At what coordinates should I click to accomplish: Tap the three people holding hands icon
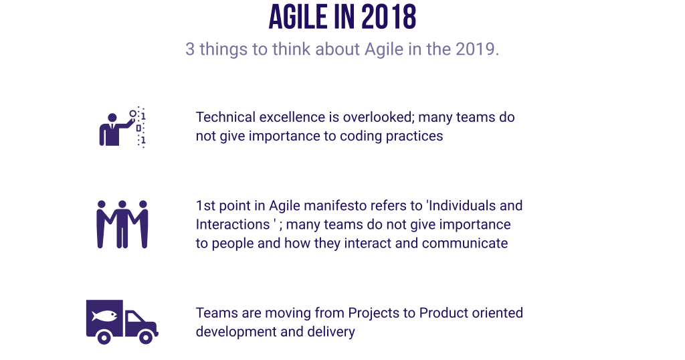click(122, 224)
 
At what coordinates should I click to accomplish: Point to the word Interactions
click(232, 225)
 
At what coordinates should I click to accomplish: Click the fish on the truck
click(104, 315)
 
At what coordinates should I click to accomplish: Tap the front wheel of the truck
click(145, 337)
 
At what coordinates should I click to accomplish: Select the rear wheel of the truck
click(104, 337)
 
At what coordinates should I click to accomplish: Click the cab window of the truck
click(134, 318)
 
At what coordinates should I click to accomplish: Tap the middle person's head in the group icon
click(122, 204)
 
